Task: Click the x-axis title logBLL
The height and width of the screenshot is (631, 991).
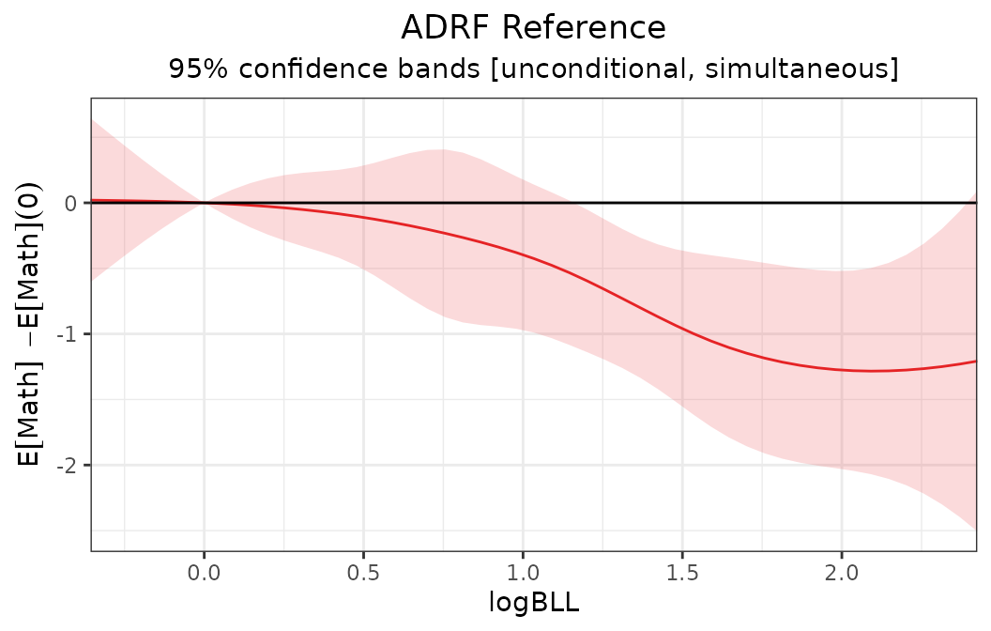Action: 534,602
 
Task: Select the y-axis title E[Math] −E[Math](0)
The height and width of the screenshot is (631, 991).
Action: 31,324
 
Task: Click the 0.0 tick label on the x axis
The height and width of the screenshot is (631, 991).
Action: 204,573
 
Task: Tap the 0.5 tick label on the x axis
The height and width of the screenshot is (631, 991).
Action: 363,573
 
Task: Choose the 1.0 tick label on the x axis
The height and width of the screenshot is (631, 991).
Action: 523,573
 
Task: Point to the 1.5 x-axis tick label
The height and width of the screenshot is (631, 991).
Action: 682,573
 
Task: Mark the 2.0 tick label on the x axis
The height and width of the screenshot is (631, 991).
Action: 842,573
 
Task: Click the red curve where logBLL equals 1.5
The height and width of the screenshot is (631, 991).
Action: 682,330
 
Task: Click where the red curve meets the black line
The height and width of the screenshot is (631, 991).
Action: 204,202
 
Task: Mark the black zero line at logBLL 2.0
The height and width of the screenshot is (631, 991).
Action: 842,202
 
